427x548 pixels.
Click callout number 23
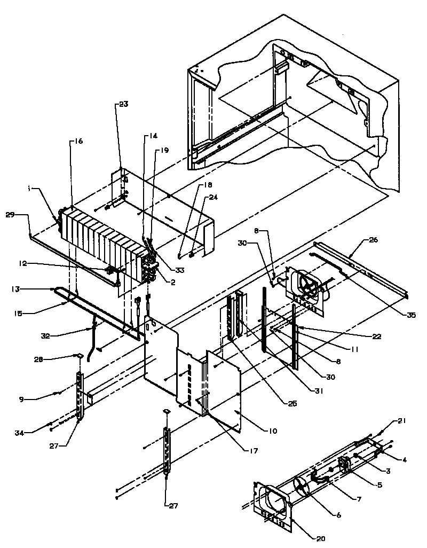click(x=123, y=105)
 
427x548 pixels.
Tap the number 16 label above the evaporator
click(x=78, y=142)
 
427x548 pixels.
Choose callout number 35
click(x=410, y=316)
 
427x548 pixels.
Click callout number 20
click(x=321, y=538)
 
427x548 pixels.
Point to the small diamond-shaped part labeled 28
click(x=77, y=354)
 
